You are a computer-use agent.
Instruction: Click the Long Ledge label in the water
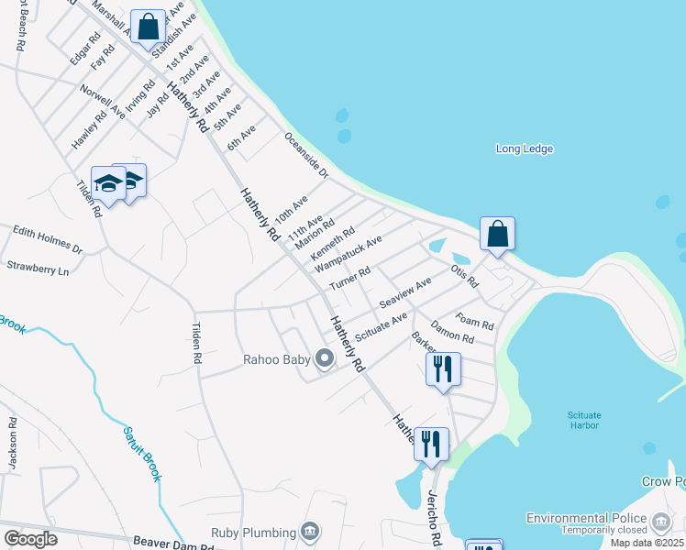524,149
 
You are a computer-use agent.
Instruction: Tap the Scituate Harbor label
583,420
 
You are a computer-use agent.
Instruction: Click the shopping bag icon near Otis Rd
497,234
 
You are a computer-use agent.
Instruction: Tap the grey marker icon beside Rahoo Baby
324,359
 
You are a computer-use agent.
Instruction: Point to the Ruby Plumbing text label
253,533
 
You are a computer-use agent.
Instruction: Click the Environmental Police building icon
661,523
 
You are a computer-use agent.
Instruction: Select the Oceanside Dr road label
305,154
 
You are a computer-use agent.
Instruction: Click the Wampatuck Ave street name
348,253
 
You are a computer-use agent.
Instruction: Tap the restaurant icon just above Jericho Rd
431,444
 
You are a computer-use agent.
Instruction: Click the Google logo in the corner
30,538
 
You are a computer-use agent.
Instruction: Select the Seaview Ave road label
404,293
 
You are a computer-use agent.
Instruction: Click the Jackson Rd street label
13,445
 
